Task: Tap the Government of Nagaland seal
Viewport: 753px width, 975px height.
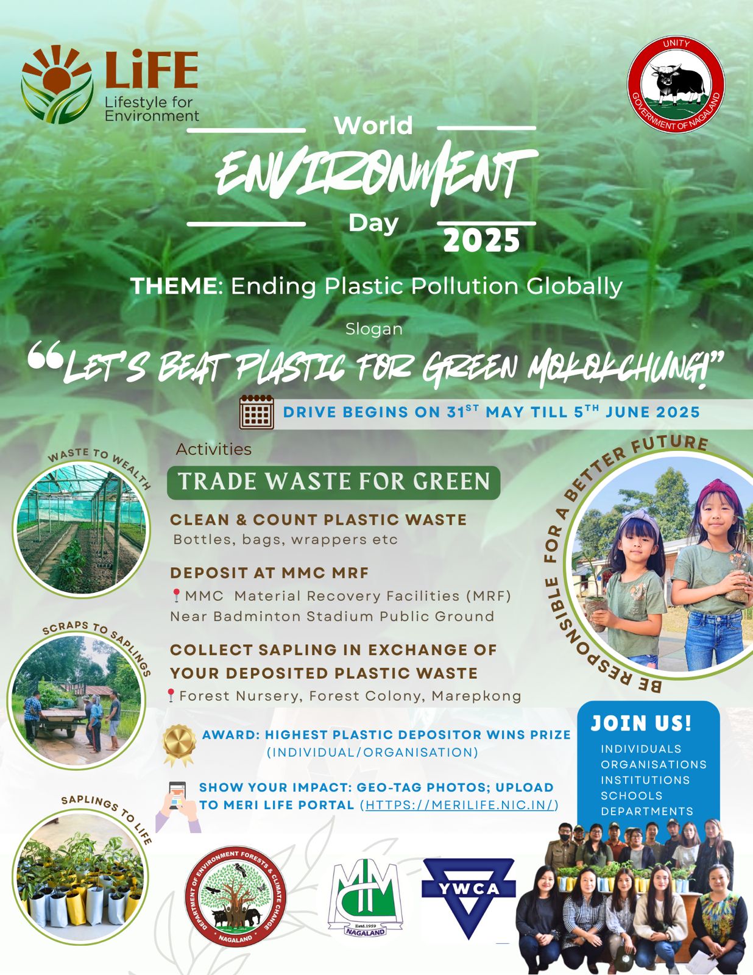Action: pyautogui.click(x=676, y=85)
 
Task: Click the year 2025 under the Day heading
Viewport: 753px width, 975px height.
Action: pyautogui.click(x=481, y=241)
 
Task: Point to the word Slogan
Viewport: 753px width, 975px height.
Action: pyautogui.click(x=374, y=329)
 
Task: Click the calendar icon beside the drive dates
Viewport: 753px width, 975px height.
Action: pyautogui.click(x=256, y=412)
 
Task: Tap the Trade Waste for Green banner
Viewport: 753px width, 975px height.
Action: pyautogui.click(x=333, y=483)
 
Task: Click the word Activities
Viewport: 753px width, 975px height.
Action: pyautogui.click(x=213, y=449)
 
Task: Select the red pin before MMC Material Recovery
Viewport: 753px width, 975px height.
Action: pyautogui.click(x=176, y=595)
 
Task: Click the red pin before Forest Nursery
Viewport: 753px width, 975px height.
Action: pyautogui.click(x=171, y=695)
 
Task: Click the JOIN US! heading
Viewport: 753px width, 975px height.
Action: pyautogui.click(x=641, y=723)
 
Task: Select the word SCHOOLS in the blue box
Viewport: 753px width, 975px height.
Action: pyautogui.click(x=632, y=795)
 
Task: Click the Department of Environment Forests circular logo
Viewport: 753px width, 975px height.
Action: pyautogui.click(x=235, y=898)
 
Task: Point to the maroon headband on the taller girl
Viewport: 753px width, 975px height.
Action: pyautogui.click(x=718, y=491)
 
